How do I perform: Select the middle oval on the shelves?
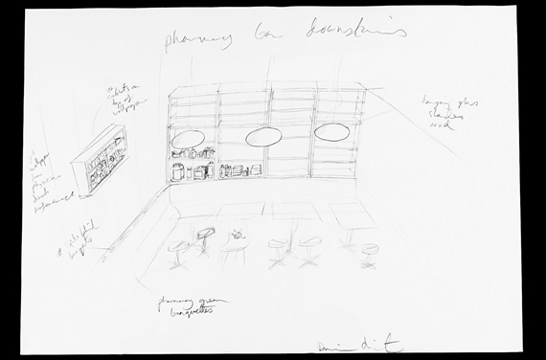coord(262,138)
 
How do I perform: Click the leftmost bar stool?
coord(178,253)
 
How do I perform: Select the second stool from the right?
coord(308,247)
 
